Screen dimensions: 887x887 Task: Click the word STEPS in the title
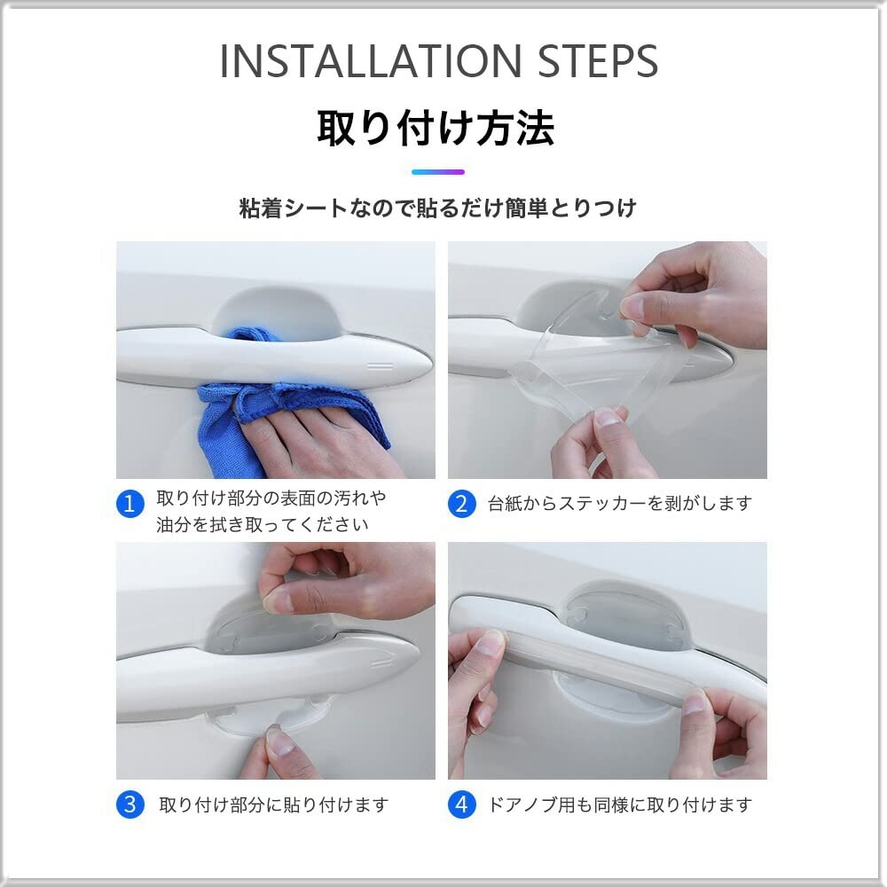598,61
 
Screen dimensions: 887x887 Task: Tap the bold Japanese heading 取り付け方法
436,129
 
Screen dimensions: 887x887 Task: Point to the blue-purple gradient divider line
438,172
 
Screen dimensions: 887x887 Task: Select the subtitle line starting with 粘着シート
438,208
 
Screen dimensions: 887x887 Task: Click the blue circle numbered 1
130,504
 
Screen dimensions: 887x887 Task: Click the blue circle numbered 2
461,504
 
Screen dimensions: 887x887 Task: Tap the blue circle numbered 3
130,805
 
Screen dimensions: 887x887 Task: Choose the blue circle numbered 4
461,805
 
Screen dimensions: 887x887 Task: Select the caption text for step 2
620,504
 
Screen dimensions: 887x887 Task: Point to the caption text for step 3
274,805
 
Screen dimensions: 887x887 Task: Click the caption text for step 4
620,805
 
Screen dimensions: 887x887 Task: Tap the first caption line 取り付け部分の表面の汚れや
271,498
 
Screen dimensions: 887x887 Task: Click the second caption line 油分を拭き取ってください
263,524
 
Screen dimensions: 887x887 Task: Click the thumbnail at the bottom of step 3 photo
280,742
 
